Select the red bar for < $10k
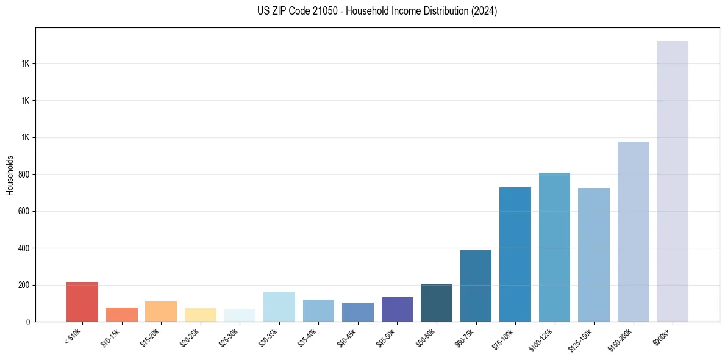pos(82,301)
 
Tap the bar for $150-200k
pos(633,231)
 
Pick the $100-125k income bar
pos(554,247)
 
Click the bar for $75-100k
pos(515,254)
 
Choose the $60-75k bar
pos(476,286)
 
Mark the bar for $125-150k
pos(593,254)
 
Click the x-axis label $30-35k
pos(269,337)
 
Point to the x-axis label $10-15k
pos(112,337)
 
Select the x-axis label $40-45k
pos(348,337)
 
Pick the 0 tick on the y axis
pos(29,322)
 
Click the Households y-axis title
pos(10,175)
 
